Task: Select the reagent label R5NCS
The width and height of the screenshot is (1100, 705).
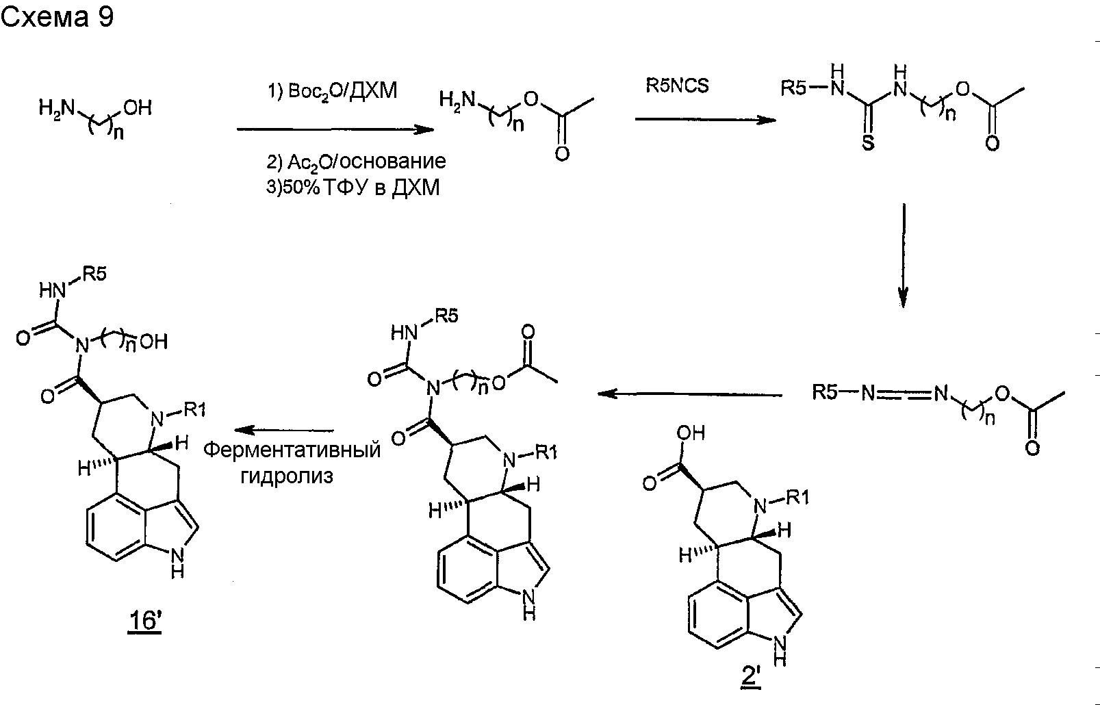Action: coord(677,86)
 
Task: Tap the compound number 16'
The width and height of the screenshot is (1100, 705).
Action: coord(145,621)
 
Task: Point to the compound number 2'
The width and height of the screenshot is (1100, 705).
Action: coord(751,678)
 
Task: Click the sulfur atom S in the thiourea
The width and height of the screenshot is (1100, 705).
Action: coord(868,142)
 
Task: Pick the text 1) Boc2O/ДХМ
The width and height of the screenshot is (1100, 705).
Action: coord(333,91)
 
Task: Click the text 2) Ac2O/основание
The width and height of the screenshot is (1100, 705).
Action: coord(356,162)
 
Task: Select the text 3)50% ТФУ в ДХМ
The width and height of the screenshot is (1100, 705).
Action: coord(353,187)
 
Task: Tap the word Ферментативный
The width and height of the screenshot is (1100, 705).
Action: coord(292,450)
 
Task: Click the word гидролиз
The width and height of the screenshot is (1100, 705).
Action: coord(287,476)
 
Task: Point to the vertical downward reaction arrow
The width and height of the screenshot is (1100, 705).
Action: coord(904,255)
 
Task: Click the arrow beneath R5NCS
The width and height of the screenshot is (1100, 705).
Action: coord(706,119)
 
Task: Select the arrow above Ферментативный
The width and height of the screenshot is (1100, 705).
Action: coord(284,431)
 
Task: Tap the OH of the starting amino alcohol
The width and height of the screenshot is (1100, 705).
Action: coord(138,107)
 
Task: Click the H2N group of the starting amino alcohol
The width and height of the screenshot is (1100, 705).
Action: coord(57,107)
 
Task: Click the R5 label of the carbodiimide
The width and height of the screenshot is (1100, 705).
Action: coord(825,392)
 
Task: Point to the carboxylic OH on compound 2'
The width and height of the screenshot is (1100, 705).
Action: coord(691,433)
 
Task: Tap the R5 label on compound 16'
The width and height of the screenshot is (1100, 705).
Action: coord(94,274)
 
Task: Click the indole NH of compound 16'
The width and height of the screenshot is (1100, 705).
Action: coord(177,562)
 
